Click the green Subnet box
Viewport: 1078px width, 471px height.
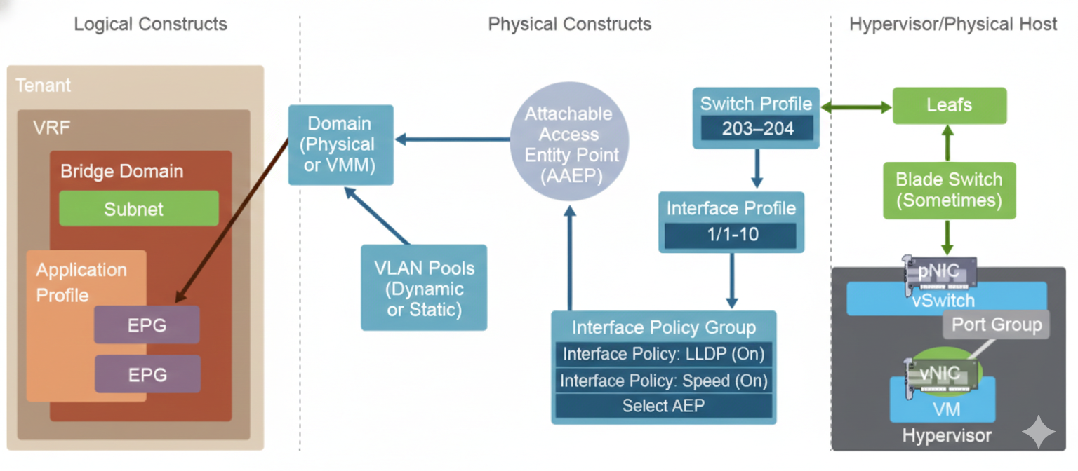(138, 209)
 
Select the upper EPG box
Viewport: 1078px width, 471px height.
(147, 325)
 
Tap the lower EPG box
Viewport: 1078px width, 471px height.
(147, 374)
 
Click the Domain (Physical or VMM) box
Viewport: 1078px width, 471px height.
(340, 144)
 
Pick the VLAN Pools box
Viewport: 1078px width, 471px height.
(424, 287)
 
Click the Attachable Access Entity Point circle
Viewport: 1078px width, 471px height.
(568, 144)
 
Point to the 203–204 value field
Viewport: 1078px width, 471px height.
(756, 129)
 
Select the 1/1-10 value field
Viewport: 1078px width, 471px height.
(731, 235)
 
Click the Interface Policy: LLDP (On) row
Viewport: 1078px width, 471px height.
(663, 354)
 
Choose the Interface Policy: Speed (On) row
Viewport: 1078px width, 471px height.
(663, 381)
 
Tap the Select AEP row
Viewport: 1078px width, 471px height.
(663, 406)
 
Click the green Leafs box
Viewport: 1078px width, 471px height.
(949, 106)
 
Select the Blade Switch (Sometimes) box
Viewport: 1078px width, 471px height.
(949, 189)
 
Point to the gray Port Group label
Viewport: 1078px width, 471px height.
(996, 325)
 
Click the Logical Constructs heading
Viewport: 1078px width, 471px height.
(150, 24)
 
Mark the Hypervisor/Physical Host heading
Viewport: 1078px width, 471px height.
(952, 24)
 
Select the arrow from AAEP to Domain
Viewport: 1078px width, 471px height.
(453, 139)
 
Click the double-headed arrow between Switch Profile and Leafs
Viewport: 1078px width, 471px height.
(856, 107)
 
